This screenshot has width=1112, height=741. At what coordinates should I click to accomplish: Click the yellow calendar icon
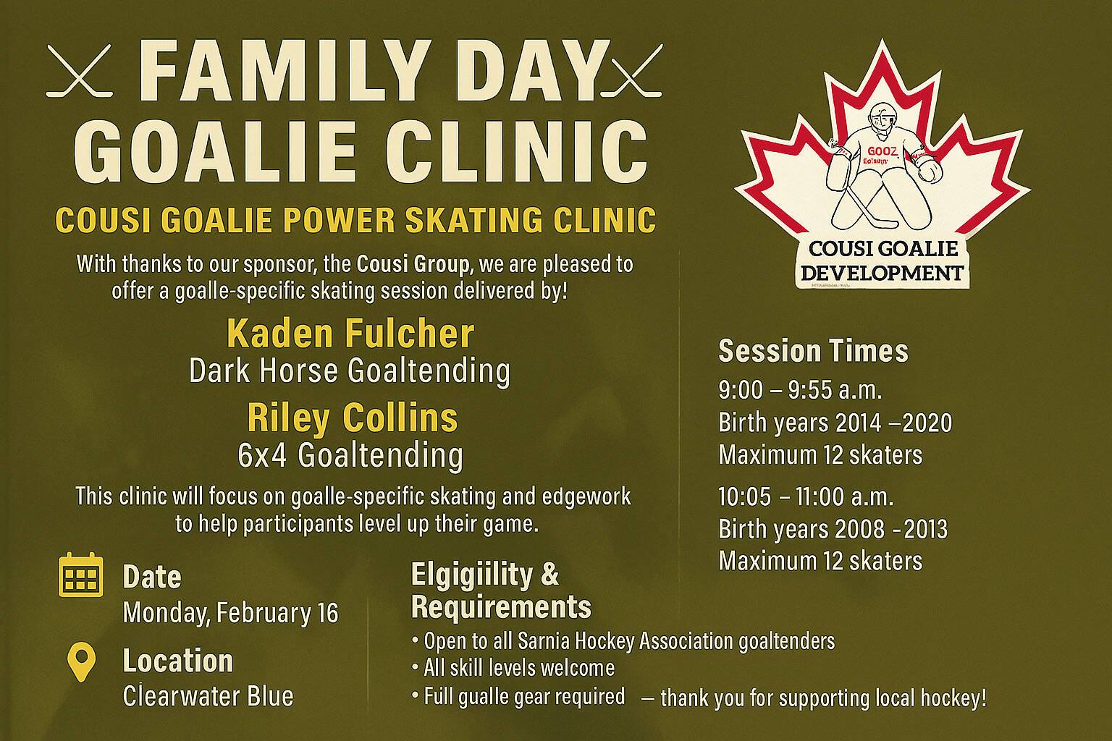point(81,575)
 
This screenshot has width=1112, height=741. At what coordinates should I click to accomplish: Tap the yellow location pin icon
point(81,662)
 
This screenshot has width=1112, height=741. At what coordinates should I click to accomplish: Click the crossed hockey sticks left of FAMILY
point(80,70)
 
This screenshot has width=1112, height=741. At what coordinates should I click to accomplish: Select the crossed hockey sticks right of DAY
point(631,70)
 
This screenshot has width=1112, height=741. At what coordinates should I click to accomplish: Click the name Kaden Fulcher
point(350,334)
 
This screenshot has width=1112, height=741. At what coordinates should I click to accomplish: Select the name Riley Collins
point(353,419)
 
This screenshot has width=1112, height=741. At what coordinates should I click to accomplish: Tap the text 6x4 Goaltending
point(350,455)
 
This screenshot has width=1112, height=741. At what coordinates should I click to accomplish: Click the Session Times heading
point(813,351)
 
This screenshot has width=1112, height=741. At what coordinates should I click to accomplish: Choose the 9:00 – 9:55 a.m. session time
point(800,390)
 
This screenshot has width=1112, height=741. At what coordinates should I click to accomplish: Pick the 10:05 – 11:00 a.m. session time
point(806,496)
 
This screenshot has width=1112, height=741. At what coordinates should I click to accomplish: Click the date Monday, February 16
point(231,613)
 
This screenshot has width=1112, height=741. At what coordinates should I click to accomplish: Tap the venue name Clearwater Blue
point(208,696)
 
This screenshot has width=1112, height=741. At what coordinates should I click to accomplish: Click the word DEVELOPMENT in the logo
point(883,273)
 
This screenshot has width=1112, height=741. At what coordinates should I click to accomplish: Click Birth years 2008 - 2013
point(833,529)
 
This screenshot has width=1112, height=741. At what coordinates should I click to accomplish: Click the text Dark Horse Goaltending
point(350,371)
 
